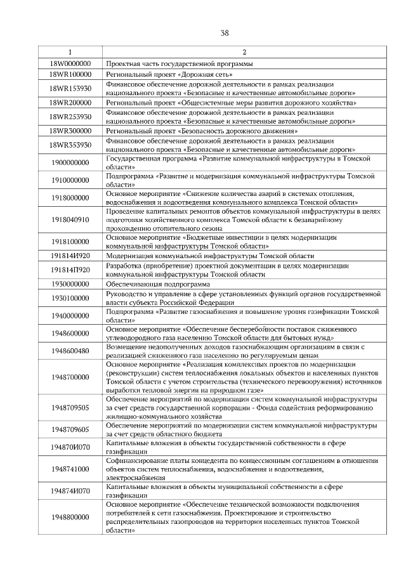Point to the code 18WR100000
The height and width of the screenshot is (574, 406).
click(x=70, y=74)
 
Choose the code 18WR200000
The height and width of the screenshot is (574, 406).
click(x=70, y=102)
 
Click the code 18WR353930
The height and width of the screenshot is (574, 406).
click(x=70, y=145)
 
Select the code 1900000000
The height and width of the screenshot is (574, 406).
click(x=70, y=162)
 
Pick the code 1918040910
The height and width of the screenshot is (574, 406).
click(x=70, y=219)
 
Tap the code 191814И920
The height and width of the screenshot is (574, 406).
click(x=70, y=256)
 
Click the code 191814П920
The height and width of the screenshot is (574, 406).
click(x=70, y=270)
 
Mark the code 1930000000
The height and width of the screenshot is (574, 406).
click(x=70, y=284)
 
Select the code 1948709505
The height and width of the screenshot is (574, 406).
click(x=70, y=407)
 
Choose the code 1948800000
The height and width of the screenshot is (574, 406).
click(x=70, y=517)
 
